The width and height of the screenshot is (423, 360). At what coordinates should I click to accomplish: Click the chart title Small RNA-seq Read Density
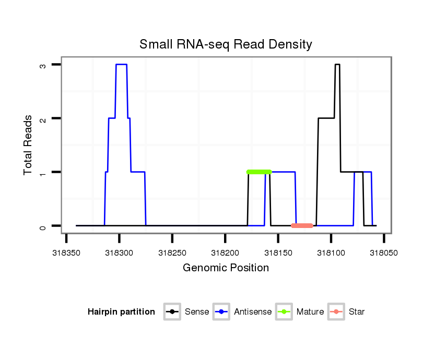[x=226, y=44]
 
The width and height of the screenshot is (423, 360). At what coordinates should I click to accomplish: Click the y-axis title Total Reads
[x=29, y=145]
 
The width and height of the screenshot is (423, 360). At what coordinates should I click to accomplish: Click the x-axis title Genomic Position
[x=226, y=268]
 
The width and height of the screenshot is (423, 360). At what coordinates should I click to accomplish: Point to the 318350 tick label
[x=66, y=252]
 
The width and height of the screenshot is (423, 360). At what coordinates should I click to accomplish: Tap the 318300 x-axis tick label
[x=119, y=252]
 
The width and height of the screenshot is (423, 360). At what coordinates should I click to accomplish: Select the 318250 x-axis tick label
[x=172, y=252]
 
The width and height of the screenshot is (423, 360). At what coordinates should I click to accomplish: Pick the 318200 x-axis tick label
[x=225, y=252]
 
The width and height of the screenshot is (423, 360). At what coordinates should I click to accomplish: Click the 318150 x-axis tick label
[x=278, y=252]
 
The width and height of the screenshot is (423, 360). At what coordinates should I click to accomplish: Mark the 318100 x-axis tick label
[x=331, y=252]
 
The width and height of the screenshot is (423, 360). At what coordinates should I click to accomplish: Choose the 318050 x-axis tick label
[x=384, y=252]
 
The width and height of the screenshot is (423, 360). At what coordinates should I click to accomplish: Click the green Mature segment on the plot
[x=260, y=172]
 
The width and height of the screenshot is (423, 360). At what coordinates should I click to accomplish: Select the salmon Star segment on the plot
[x=302, y=225]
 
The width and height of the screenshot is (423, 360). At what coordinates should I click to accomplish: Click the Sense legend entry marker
[x=172, y=312]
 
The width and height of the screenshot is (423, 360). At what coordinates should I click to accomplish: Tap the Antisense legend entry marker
[x=221, y=312]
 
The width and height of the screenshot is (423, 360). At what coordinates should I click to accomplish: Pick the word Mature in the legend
[x=310, y=312]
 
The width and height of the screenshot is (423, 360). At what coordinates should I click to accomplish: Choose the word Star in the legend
[x=356, y=312]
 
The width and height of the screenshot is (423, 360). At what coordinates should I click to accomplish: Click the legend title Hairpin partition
[x=121, y=312]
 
